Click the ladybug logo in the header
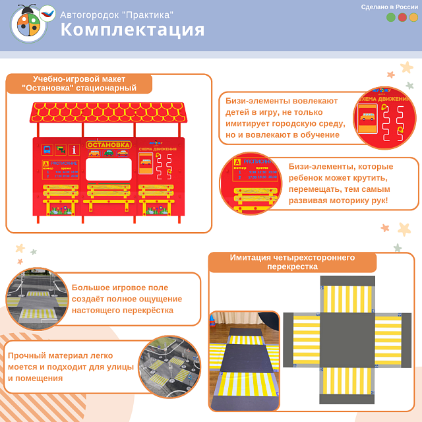pyautogui.click(x=29, y=24)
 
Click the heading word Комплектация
pyautogui.click(x=133, y=30)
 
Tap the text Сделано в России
pyautogui.click(x=389, y=7)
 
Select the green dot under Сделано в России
pyautogui.click(x=391, y=18)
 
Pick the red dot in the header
pyautogui.click(x=402, y=18)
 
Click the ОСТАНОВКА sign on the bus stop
pyautogui.click(x=109, y=144)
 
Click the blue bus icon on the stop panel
pyautogui.click(x=47, y=150)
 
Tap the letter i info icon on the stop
pyautogui.click(x=74, y=150)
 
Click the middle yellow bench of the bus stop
pyautogui.click(x=109, y=192)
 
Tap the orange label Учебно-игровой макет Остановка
pyautogui.click(x=79, y=84)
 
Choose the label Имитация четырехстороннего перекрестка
pyautogui.click(x=292, y=262)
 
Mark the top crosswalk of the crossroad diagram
pyautogui.click(x=347, y=298)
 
